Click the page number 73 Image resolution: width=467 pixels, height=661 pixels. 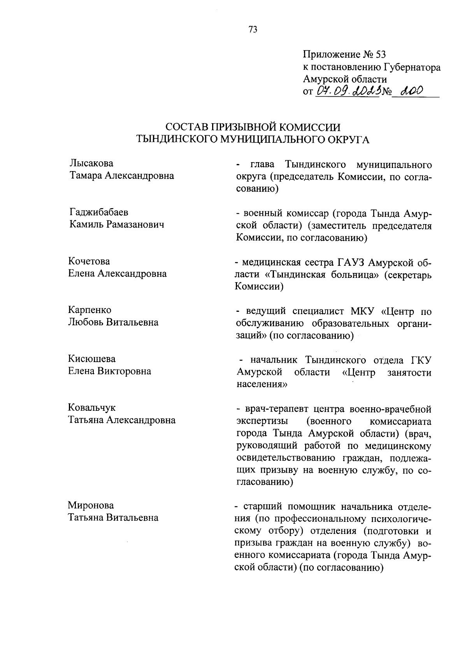(x=253, y=30)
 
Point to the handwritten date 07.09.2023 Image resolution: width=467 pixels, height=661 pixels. (x=348, y=92)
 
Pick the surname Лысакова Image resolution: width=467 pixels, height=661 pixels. (x=91, y=163)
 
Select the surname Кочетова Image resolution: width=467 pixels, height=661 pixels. (x=89, y=261)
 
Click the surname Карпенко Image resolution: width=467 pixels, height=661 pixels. (x=90, y=310)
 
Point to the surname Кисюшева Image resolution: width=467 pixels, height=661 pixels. (x=92, y=359)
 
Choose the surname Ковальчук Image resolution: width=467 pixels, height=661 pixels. (x=92, y=408)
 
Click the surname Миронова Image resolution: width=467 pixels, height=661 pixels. (x=91, y=505)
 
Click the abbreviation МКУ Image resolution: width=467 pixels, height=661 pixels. (x=362, y=311)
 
